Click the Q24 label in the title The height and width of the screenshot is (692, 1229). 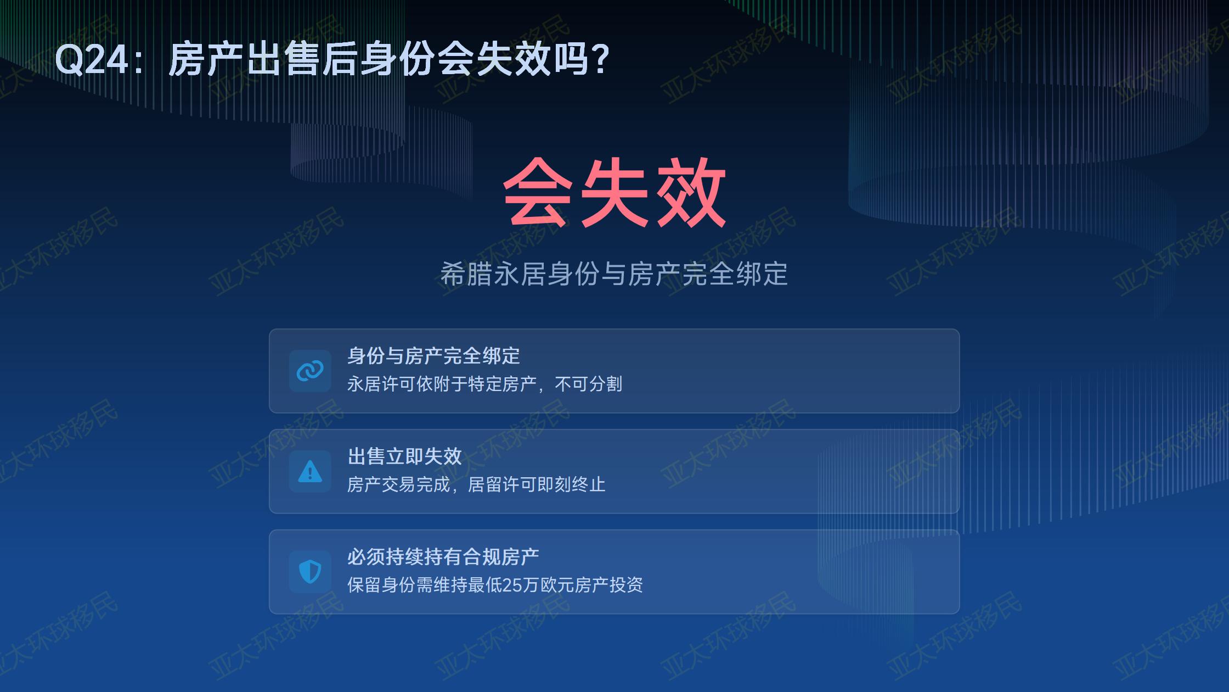[x=92, y=59]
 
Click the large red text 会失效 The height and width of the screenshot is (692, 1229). [x=614, y=192]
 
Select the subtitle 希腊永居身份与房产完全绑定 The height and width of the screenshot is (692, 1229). [x=614, y=274]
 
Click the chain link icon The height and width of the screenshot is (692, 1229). [x=310, y=371]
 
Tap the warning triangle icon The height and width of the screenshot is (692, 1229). [x=310, y=471]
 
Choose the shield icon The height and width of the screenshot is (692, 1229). [x=310, y=572]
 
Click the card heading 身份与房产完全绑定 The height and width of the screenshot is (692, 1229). [x=433, y=356]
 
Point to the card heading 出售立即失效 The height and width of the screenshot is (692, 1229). [x=405, y=456]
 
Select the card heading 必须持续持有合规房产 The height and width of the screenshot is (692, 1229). [x=443, y=557]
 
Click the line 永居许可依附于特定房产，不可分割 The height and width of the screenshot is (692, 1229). [x=484, y=384]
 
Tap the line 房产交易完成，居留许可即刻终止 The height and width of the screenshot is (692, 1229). [x=476, y=484]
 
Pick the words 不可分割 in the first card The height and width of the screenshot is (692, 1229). [x=588, y=384]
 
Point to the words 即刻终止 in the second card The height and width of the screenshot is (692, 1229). [x=572, y=484]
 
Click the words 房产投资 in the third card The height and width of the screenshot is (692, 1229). [x=609, y=585]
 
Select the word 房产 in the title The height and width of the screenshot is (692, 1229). [x=206, y=59]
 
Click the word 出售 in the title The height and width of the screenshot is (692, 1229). [x=282, y=59]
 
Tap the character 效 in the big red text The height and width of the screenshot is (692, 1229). [x=691, y=192]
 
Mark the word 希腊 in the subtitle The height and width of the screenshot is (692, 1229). [x=466, y=274]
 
